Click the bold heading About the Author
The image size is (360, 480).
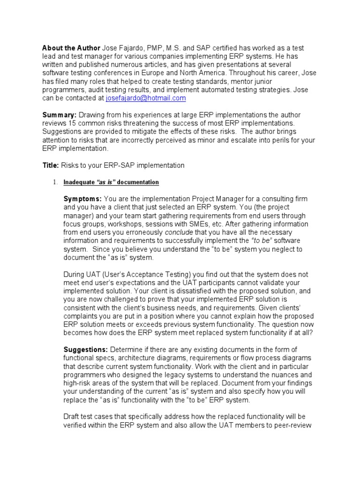71,48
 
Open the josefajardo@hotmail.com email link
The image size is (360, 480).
146,98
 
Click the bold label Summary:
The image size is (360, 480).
60,115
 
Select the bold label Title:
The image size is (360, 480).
51,165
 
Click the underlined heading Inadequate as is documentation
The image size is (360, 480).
111,182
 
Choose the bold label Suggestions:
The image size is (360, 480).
86,350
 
